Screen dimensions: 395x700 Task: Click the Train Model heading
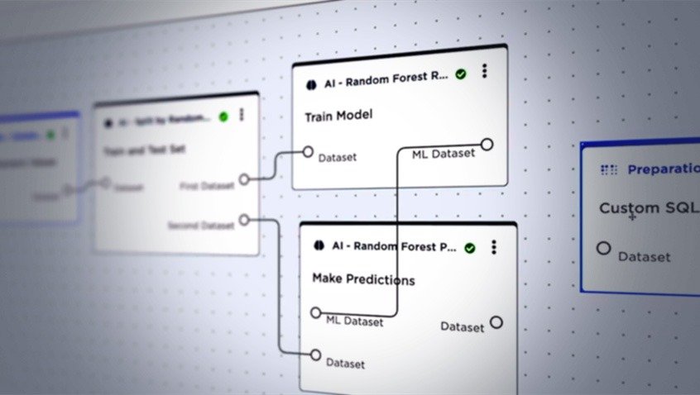(338, 116)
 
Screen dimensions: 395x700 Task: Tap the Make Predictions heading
(363, 279)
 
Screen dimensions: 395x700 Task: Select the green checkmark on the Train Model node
(461, 74)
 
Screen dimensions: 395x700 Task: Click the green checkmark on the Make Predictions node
(470, 247)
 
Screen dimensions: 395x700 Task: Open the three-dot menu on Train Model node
(484, 72)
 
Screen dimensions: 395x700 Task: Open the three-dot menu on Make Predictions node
(494, 246)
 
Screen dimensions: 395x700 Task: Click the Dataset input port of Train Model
(308, 152)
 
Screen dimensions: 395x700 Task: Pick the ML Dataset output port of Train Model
(487, 145)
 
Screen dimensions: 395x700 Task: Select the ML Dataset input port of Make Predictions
(314, 312)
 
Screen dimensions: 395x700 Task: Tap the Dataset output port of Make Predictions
(496, 322)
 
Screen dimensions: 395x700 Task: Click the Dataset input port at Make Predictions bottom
(314, 355)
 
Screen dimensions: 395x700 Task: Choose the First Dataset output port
(244, 179)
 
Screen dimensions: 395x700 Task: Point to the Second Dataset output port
(243, 220)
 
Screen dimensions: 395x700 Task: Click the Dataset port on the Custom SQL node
(604, 248)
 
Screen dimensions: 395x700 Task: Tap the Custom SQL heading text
(640, 208)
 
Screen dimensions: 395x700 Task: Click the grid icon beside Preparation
(609, 170)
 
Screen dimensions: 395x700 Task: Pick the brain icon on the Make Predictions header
(320, 246)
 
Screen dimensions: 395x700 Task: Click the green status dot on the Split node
(223, 117)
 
